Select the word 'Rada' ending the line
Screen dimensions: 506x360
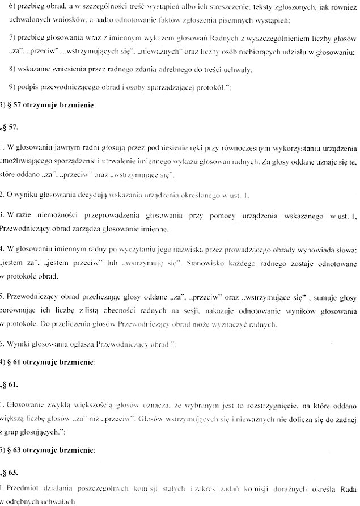(x=347, y=487)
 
